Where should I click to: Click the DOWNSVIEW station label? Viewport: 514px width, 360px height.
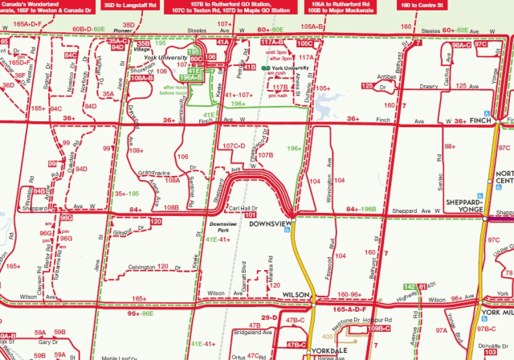click(269, 223)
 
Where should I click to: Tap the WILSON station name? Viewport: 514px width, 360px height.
click(296, 296)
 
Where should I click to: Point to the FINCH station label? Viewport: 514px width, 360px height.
click(483, 121)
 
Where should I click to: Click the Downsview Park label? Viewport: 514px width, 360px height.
click(220, 228)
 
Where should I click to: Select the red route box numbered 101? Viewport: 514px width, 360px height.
click(250, 215)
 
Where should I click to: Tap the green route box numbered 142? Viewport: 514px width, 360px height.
click(410, 287)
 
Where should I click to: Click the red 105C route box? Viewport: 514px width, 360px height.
click(305, 43)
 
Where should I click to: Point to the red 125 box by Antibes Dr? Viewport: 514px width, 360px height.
click(368, 85)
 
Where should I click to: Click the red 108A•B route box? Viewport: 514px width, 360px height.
click(140, 78)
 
